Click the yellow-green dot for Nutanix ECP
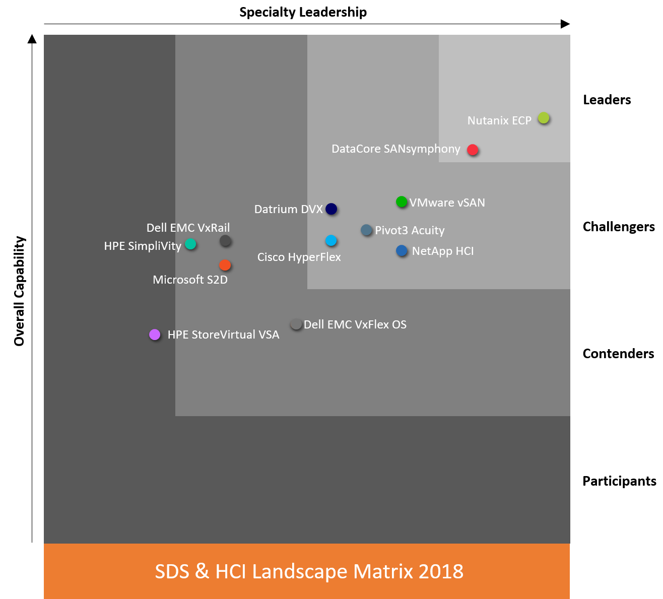point(543,118)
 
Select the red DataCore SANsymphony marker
point(473,150)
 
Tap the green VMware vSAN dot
point(402,202)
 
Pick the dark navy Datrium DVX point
point(331,209)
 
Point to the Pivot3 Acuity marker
point(366,230)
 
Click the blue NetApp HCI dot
point(402,250)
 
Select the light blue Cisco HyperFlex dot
point(331,240)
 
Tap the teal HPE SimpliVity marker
point(190,244)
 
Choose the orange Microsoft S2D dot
point(225,265)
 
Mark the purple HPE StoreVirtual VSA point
point(155,335)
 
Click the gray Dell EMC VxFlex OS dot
point(296,324)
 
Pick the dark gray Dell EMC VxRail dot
point(225,241)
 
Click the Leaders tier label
point(607,100)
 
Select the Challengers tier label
point(619,227)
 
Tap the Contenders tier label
point(618,354)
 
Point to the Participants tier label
point(619,481)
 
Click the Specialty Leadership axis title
point(303,12)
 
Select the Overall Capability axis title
point(19,291)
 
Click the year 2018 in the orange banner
point(441,571)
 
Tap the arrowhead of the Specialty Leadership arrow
point(566,24)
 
